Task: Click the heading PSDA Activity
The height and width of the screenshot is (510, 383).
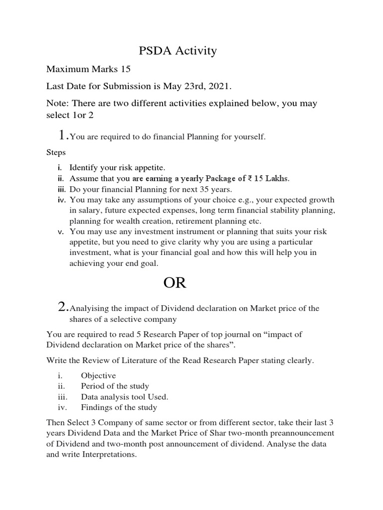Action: [x=177, y=50]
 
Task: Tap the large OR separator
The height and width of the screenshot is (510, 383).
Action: [x=175, y=283]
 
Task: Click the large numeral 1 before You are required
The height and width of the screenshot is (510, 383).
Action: [x=62, y=135]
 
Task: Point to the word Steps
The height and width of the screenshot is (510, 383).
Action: [x=55, y=152]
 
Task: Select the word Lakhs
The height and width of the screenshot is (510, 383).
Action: [x=277, y=178]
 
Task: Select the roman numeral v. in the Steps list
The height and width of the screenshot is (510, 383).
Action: [x=60, y=232]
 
